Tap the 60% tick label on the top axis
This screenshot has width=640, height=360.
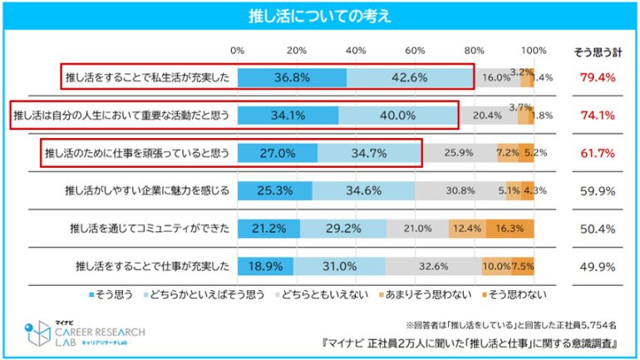[x=416, y=52]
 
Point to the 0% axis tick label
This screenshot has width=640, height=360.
[x=238, y=52]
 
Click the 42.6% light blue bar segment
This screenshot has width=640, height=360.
[x=411, y=77]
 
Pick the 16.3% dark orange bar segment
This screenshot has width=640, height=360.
[x=509, y=229]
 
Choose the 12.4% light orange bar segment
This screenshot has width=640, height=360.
[x=465, y=229]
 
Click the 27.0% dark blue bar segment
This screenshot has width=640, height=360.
[x=278, y=153]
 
